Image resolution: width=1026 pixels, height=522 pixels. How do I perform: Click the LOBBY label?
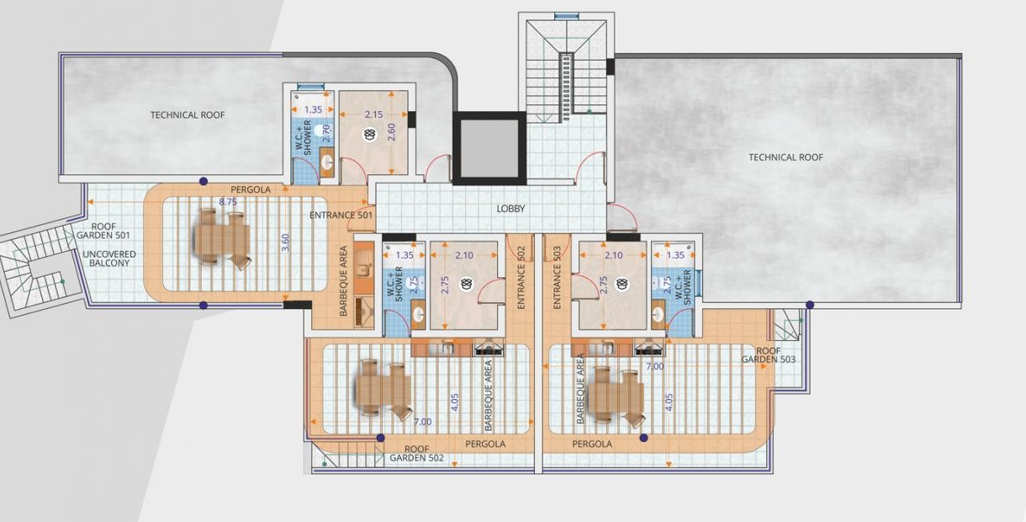point(511,208)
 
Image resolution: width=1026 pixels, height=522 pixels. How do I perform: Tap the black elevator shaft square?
point(488,147)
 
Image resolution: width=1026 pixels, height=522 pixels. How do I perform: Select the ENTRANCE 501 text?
point(341,216)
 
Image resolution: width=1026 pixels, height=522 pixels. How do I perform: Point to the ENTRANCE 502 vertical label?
point(521,277)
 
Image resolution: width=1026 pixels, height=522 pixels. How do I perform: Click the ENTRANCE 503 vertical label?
point(558,277)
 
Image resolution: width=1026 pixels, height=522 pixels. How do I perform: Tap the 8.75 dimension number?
point(228,202)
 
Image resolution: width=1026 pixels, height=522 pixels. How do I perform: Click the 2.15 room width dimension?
point(373,115)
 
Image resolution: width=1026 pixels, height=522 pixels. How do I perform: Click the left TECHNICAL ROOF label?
point(188,115)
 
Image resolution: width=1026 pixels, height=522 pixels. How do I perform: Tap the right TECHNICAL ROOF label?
point(785,157)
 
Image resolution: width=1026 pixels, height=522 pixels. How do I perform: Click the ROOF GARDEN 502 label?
point(416,454)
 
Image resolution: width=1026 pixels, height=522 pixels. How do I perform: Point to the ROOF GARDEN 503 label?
point(769,354)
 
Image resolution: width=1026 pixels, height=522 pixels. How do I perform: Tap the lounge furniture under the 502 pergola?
point(383,387)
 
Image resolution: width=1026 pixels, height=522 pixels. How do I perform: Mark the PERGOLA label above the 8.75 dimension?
point(251,190)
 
